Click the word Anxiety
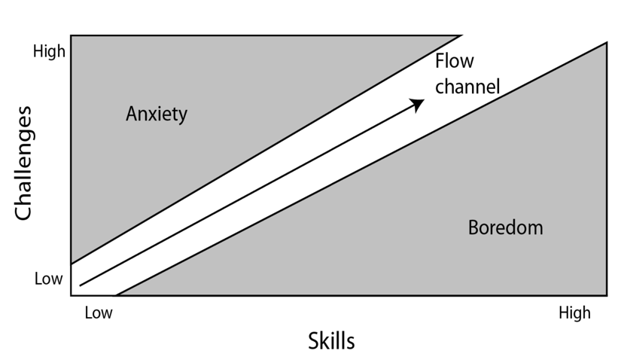tap(157, 114)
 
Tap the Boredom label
tap(505, 227)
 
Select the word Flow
tap(454, 61)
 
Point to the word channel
tap(467, 86)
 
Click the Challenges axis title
tap(23, 163)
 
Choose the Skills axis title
tap(331, 341)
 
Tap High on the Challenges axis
tap(49, 51)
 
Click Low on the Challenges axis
tap(48, 279)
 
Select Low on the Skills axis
tap(99, 313)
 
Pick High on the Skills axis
tap(574, 313)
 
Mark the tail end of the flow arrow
tap(81, 285)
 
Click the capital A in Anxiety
tap(132, 114)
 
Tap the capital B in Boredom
tap(473, 227)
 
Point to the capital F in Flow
tap(440, 61)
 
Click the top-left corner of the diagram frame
tap(72, 35)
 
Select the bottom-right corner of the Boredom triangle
tap(607, 295)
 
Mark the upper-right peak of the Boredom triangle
tap(607, 42)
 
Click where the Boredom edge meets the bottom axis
tap(116, 295)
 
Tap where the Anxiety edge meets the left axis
tap(72, 264)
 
